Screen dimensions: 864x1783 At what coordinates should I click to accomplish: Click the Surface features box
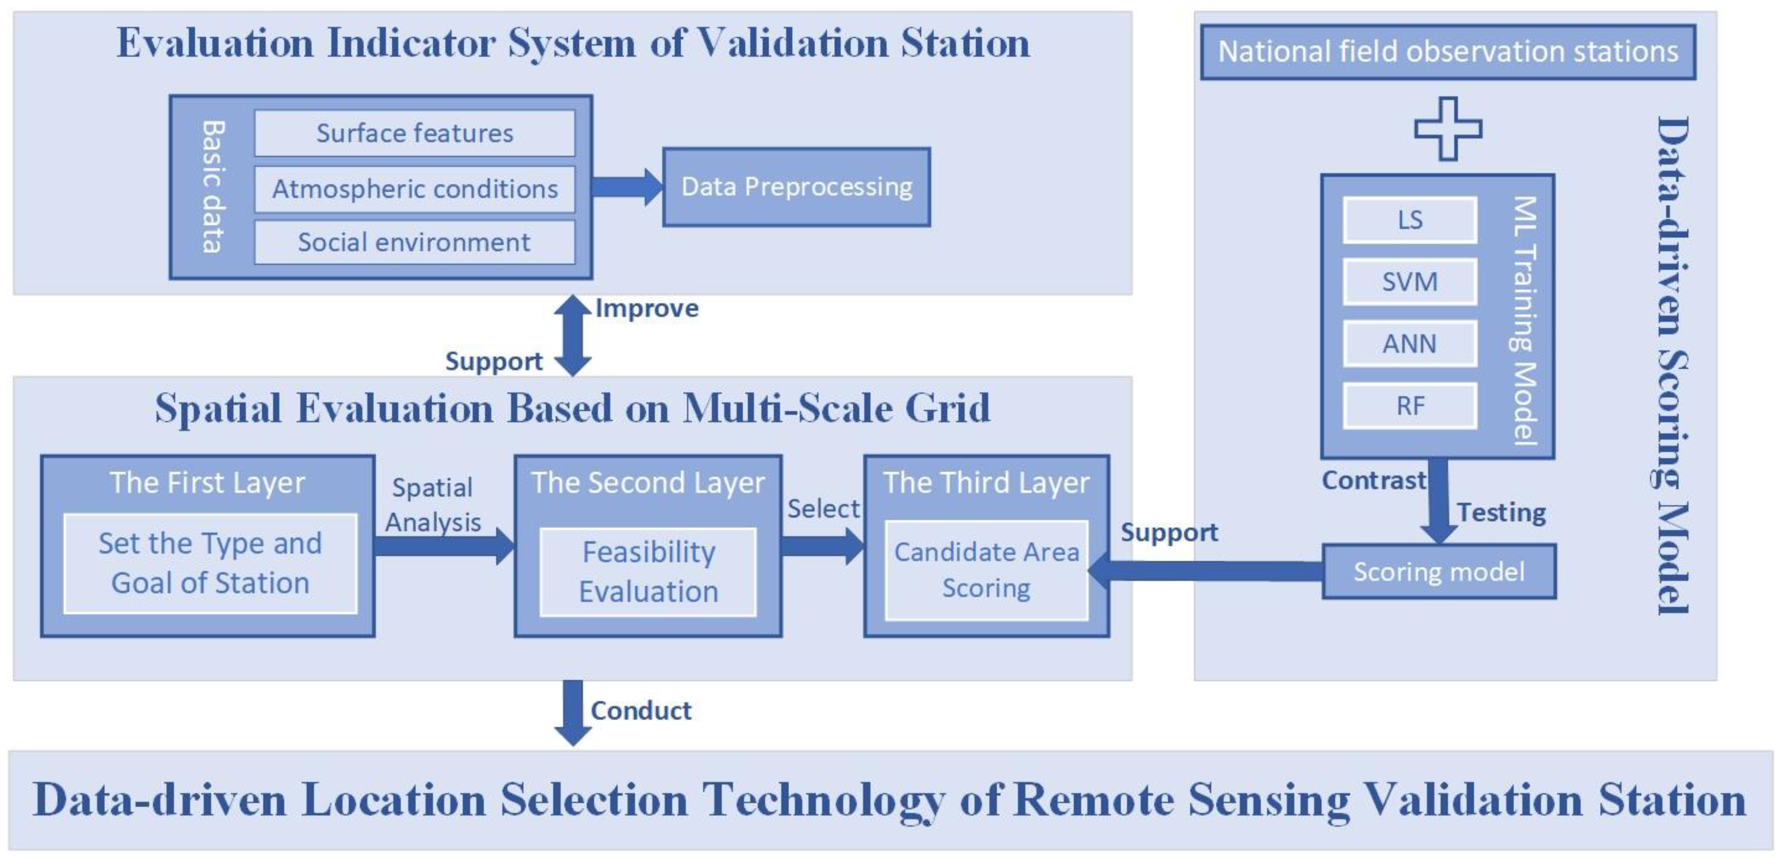[414, 133]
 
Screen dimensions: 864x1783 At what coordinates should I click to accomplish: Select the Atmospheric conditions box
[414, 188]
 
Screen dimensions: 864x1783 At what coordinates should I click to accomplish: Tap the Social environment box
[414, 242]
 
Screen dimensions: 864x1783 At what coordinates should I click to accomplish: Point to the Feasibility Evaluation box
[648, 572]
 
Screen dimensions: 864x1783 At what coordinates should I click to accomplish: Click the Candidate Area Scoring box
[986, 570]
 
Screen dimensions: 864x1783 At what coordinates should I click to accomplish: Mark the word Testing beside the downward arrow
[1501, 513]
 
